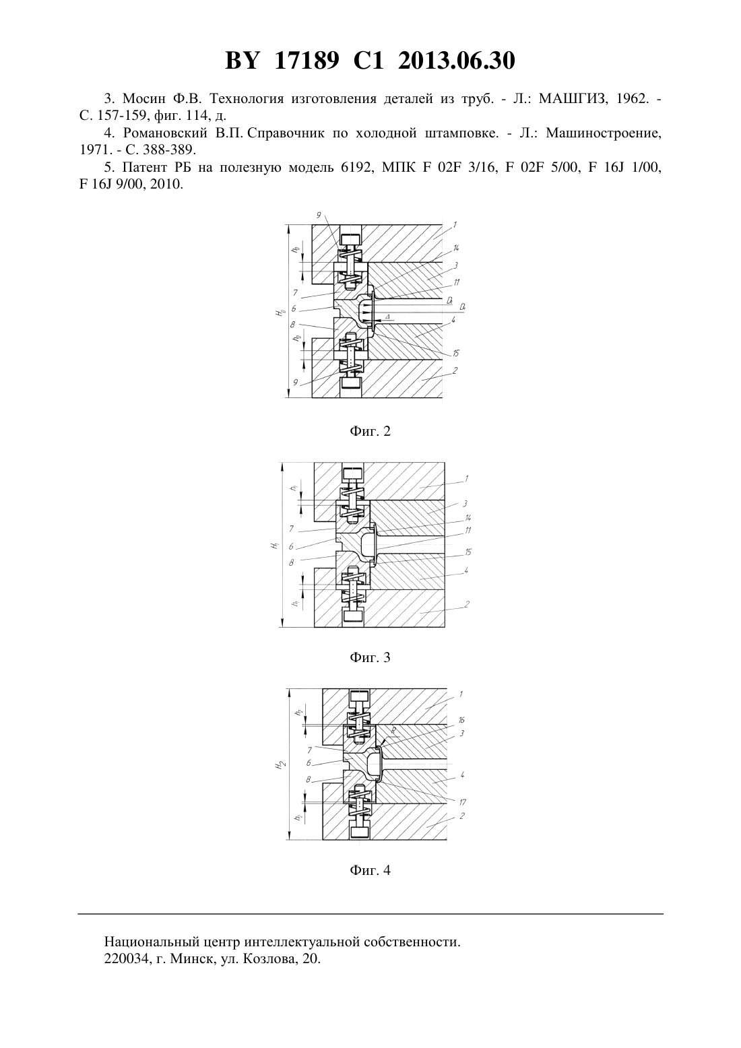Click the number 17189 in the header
(307, 61)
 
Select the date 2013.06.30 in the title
(457, 61)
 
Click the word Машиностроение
(604, 133)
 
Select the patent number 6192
(354, 168)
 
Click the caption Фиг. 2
(370, 431)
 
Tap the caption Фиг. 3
(370, 657)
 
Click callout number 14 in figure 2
(455, 248)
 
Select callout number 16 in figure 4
(461, 720)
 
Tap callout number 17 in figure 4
(462, 802)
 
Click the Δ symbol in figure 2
(387, 317)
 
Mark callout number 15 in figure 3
(468, 552)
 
